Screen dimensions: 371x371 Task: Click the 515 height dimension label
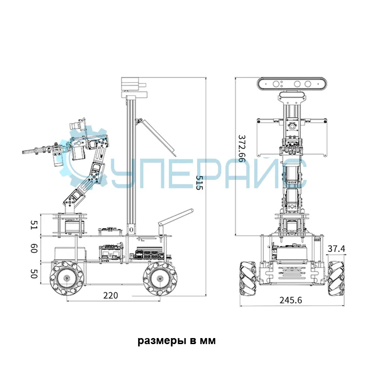click(199, 183)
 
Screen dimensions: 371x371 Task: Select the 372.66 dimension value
click(242, 148)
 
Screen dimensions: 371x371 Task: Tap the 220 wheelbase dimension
click(110, 295)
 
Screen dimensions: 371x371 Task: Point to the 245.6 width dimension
click(291, 300)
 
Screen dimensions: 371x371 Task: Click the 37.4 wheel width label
click(336, 249)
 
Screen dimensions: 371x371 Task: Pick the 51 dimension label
click(34, 225)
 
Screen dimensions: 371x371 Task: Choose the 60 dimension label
click(34, 249)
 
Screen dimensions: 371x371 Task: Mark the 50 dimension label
click(34, 274)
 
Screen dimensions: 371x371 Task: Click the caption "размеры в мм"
click(177, 341)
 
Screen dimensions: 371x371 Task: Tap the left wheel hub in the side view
click(67, 278)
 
